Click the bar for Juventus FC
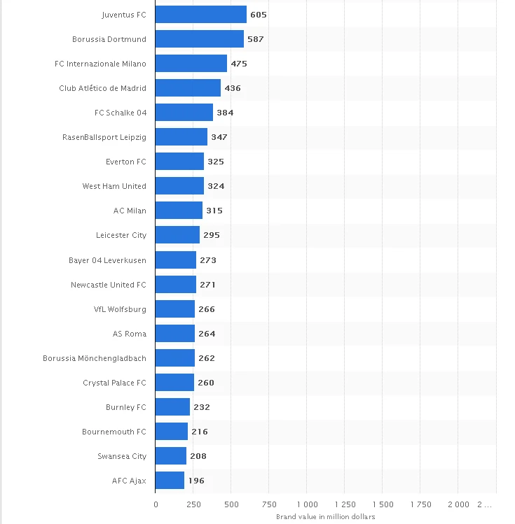click(200, 15)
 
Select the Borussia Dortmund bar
click(199, 39)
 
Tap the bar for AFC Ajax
click(170, 481)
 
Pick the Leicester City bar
click(177, 235)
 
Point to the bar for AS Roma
click(174, 334)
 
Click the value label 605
click(259, 15)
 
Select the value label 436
click(233, 88)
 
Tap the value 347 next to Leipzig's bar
click(219, 137)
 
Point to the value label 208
click(198, 456)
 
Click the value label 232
click(202, 407)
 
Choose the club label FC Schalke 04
click(121, 113)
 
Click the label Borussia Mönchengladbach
click(95, 358)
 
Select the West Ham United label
click(114, 186)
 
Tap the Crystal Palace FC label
click(114, 383)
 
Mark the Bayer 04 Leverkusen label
click(108, 260)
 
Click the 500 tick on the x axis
click(231, 504)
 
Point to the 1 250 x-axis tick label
click(344, 504)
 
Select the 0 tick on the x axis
click(156, 504)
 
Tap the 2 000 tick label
click(458, 504)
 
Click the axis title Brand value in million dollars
click(326, 516)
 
